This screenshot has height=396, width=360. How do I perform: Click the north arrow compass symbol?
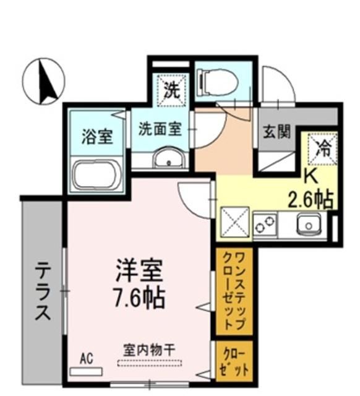tap(43, 82)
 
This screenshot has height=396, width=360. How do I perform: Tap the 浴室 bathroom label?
tap(97, 136)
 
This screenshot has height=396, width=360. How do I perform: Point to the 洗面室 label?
tap(160, 129)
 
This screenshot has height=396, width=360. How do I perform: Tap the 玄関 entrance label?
tap(276, 132)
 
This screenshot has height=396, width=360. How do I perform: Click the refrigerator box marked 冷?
tap(322, 148)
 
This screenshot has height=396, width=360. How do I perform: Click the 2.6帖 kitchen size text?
tap(311, 199)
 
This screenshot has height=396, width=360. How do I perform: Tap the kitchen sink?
tap(307, 224)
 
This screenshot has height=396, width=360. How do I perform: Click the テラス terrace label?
tap(42, 291)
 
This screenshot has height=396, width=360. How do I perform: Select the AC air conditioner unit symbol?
tap(86, 371)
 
